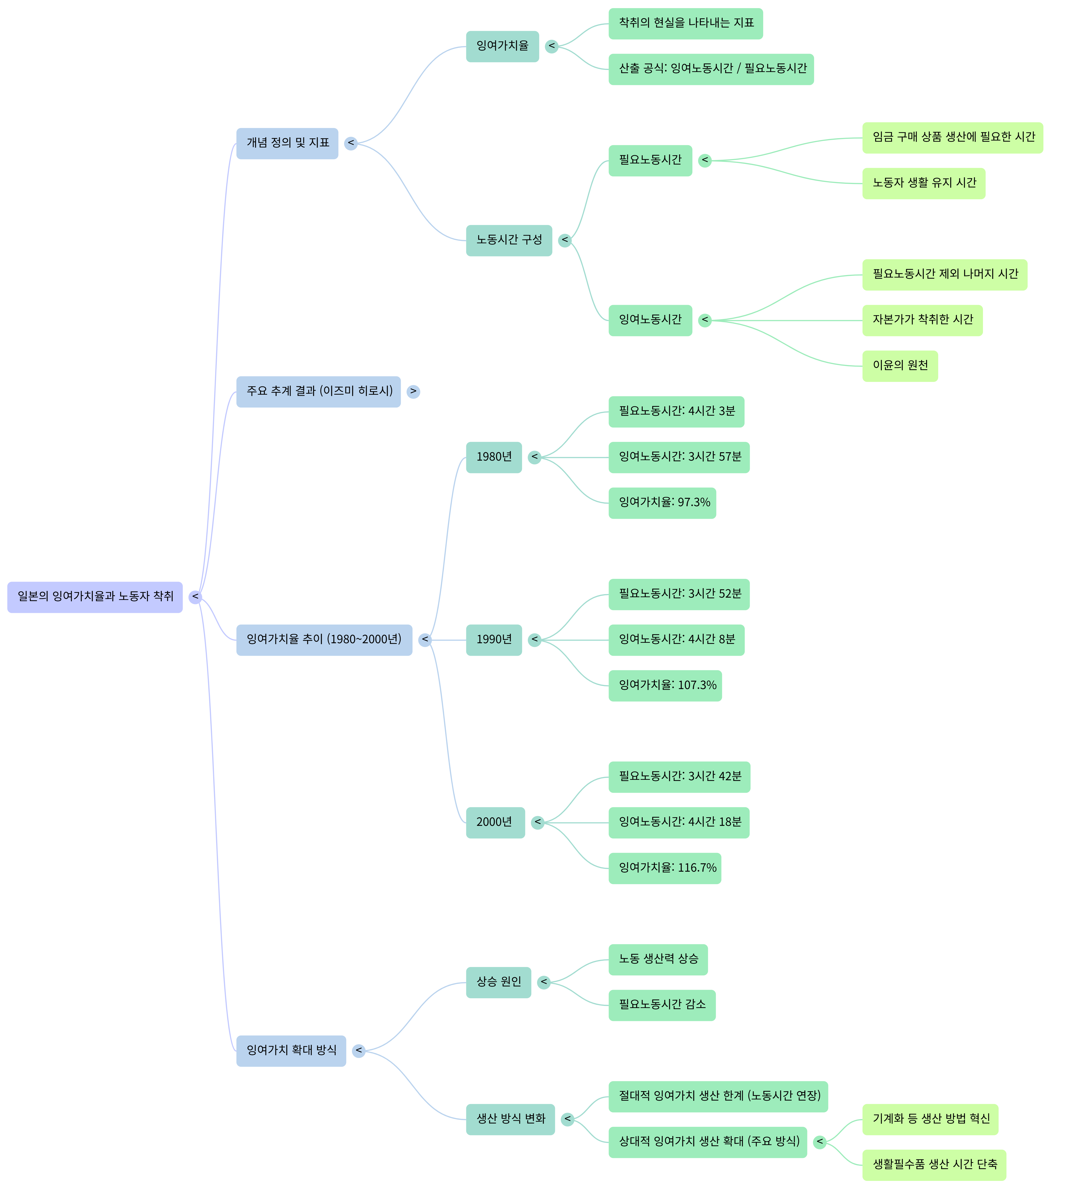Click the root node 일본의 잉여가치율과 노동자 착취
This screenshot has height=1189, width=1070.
click(95, 597)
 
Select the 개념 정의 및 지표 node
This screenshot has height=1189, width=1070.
click(287, 144)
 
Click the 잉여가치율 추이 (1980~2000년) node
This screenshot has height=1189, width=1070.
click(324, 640)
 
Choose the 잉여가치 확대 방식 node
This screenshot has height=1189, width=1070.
click(291, 1051)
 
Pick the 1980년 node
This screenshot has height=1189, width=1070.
click(494, 458)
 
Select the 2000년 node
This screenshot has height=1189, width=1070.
click(495, 823)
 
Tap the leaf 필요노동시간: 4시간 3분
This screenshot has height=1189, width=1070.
click(676, 412)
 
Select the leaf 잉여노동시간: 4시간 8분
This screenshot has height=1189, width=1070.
click(676, 640)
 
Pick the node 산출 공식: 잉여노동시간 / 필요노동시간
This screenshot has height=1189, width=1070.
click(711, 69)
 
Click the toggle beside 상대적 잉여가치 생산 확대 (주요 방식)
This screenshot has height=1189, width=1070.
click(820, 1142)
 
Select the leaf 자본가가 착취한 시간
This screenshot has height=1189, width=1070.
click(922, 321)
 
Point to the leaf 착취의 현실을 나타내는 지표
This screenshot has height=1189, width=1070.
click(685, 24)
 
